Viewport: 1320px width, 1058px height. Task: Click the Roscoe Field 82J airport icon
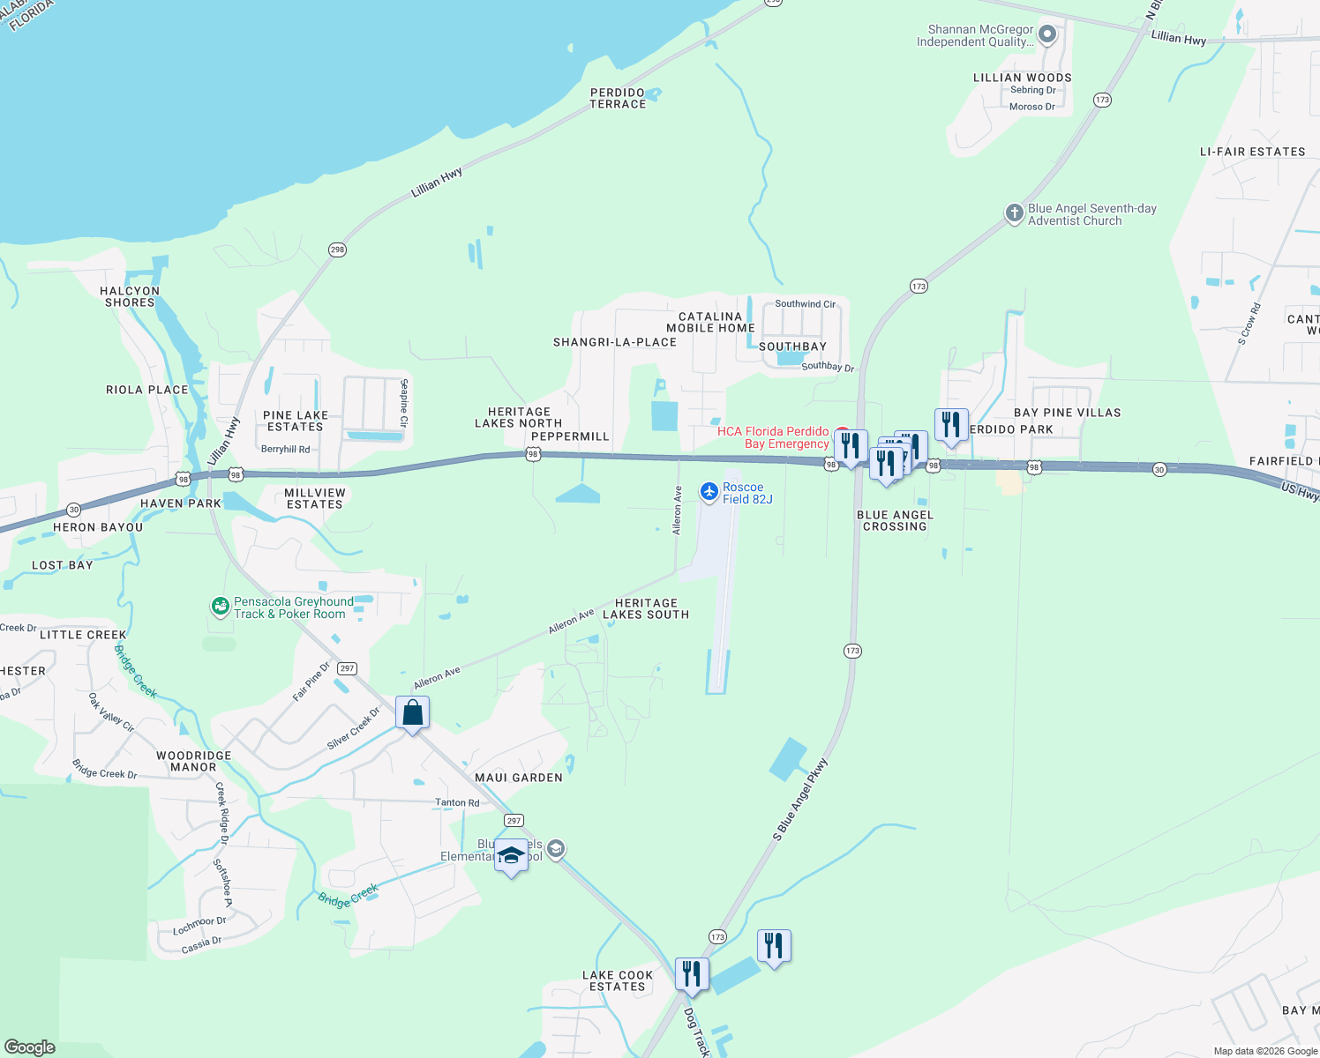pyautogui.click(x=709, y=492)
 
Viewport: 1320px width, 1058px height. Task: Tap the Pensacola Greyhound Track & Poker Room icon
pyautogui.click(x=220, y=607)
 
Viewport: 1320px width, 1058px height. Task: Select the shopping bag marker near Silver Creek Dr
pyautogui.click(x=412, y=712)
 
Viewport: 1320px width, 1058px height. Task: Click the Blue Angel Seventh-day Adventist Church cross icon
pyautogui.click(x=1015, y=213)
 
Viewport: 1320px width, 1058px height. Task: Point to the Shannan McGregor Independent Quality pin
pyautogui.click(x=1047, y=35)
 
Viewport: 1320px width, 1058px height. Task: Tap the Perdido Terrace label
pyautogui.click(x=618, y=98)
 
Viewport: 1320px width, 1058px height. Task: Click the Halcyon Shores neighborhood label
pyautogui.click(x=130, y=296)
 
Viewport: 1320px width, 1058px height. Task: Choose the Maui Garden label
pyautogui.click(x=519, y=778)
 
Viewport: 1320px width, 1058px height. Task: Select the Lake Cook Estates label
pyautogui.click(x=618, y=980)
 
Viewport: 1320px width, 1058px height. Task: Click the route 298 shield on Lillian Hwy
pyautogui.click(x=337, y=250)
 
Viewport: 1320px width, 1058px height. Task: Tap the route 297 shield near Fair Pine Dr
pyautogui.click(x=348, y=668)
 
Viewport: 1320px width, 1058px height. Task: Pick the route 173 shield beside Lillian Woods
pyautogui.click(x=1102, y=100)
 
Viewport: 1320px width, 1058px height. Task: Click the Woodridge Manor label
pyautogui.click(x=193, y=761)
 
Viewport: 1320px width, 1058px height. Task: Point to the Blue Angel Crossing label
pyautogui.click(x=895, y=520)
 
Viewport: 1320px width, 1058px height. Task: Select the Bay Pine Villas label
pyautogui.click(x=1067, y=413)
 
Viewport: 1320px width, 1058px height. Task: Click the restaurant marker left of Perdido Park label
pyautogui.click(x=951, y=425)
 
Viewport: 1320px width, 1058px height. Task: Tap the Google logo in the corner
pyautogui.click(x=30, y=1047)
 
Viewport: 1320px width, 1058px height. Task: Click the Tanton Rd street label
pyautogui.click(x=457, y=802)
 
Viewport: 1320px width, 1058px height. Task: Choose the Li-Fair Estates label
pyautogui.click(x=1252, y=152)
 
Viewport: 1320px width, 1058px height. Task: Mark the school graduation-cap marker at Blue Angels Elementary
pyautogui.click(x=511, y=855)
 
